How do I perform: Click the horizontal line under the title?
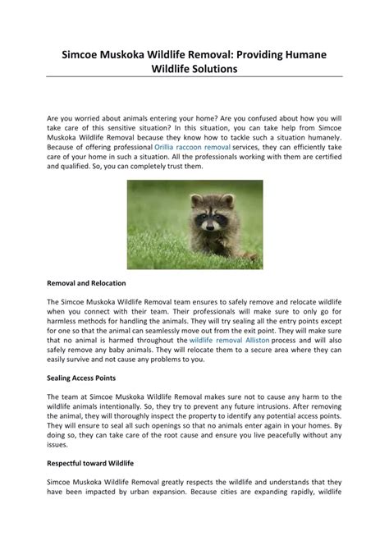pyautogui.click(x=194, y=79)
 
